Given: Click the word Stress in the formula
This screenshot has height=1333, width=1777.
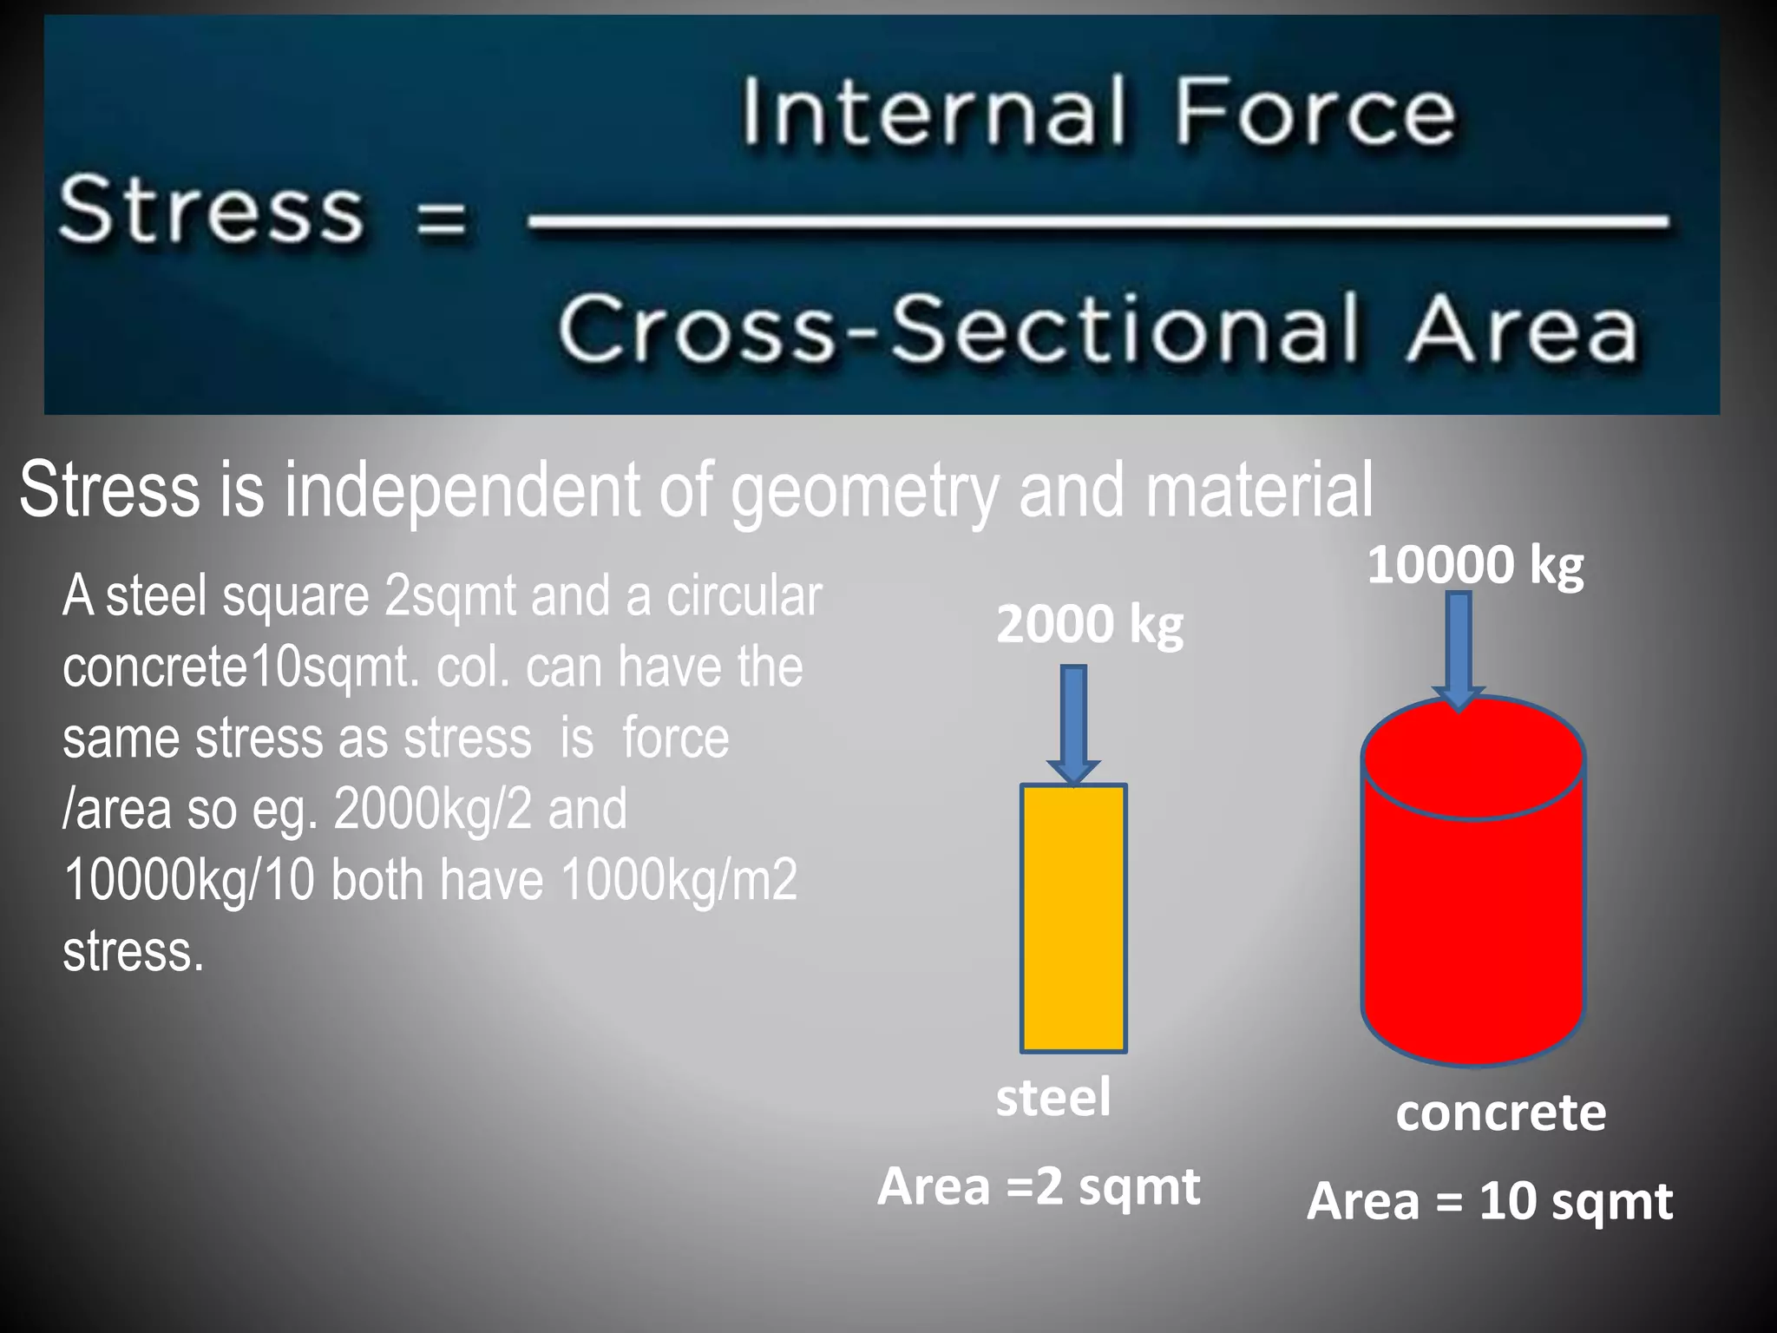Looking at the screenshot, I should [x=211, y=209].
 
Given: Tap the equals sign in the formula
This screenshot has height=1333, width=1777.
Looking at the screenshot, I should [x=441, y=218].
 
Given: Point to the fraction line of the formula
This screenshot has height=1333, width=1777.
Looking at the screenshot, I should [x=1098, y=222].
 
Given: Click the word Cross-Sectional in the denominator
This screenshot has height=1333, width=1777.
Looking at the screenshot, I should [x=958, y=329].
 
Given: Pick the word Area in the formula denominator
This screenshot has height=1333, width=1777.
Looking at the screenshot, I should [x=1522, y=329].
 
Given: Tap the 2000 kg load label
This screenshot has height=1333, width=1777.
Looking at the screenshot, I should [x=1089, y=624].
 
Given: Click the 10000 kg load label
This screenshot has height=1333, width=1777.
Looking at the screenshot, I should [x=1475, y=565].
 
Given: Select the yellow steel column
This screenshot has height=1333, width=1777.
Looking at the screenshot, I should [x=1073, y=918].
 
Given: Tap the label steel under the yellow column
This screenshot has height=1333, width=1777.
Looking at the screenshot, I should [x=1052, y=1097].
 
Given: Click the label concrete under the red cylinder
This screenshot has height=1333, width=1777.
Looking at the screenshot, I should [x=1500, y=1113].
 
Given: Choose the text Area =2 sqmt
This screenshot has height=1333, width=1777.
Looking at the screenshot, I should [x=1039, y=1186].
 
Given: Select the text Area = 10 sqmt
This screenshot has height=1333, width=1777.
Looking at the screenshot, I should [x=1489, y=1201].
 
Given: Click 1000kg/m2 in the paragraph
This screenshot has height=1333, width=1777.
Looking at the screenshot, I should [x=679, y=880].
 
